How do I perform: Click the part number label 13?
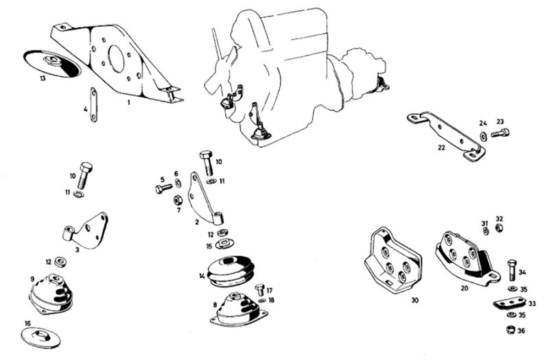43,78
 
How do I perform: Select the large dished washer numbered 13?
52,64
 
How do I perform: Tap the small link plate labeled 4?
93,105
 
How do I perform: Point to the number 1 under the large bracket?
128,102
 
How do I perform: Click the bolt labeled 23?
500,133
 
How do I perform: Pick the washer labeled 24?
483,135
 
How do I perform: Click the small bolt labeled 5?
164,189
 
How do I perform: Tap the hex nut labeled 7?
178,201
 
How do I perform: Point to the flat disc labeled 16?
40,338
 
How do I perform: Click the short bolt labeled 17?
259,290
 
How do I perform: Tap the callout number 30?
414,300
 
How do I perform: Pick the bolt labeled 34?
512,270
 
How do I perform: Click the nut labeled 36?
511,329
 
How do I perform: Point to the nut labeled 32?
500,228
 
